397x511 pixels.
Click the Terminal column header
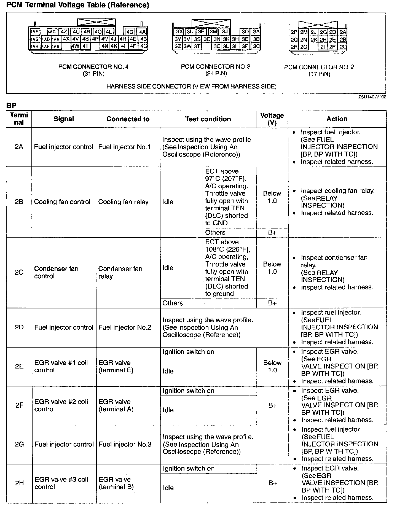pyautogui.click(x=19, y=119)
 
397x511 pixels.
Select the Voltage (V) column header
pyautogui.click(x=272, y=119)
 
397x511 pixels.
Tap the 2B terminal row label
pyautogui.click(x=19, y=202)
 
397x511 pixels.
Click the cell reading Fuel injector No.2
pyautogui.click(x=125, y=327)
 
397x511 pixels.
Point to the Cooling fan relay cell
pyautogui.click(x=123, y=202)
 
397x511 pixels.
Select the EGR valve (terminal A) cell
pyautogui.click(x=116, y=405)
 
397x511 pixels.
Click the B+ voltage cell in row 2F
pyautogui.click(x=272, y=405)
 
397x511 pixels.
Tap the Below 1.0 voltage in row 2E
pyautogui.click(x=272, y=366)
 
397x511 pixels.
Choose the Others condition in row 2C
pyautogui.click(x=173, y=303)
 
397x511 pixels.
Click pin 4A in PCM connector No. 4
pyautogui.click(x=142, y=32)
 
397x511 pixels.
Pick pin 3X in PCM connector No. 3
pyautogui.click(x=179, y=32)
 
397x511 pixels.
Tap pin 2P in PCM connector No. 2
pyautogui.click(x=294, y=32)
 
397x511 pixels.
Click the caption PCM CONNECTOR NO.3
pyautogui.click(x=216, y=66)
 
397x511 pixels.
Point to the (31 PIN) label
pyautogui.click(x=93, y=74)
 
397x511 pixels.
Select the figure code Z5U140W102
pyautogui.click(x=372, y=97)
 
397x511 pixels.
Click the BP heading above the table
pyautogui.click(x=11, y=106)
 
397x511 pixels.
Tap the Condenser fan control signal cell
pyautogui.click(x=56, y=272)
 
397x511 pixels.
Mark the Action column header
pyautogui.click(x=337, y=119)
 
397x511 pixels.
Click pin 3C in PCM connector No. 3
pyautogui.click(x=256, y=46)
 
